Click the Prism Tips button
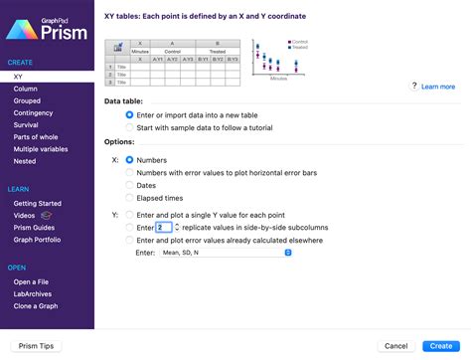[x=36, y=345]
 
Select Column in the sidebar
[x=25, y=89]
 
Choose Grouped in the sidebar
[x=27, y=100]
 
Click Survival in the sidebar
[x=26, y=125]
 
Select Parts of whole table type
[x=35, y=137]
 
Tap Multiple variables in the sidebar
[x=40, y=149]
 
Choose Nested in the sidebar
[x=25, y=161]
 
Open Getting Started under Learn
[x=38, y=203]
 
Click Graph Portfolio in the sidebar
[x=39, y=239]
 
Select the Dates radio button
[x=129, y=184]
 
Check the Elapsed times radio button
[x=129, y=198]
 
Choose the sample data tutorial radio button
[x=129, y=126]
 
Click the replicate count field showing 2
[x=163, y=227]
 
